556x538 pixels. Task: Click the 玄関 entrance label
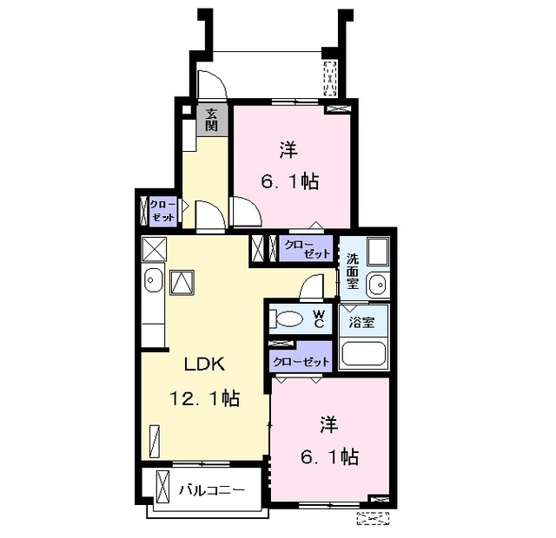[x=211, y=120]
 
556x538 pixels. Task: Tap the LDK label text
[x=205, y=364]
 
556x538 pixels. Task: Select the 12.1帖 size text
[x=205, y=398]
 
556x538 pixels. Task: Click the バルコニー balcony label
[x=212, y=490]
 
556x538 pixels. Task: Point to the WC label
[x=319, y=318]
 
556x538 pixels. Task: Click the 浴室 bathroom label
[x=361, y=322]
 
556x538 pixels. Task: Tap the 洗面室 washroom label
[x=353, y=272]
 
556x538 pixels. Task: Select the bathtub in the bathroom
[x=364, y=353]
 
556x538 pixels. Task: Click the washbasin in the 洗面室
[x=378, y=284]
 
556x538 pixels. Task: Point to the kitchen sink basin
[x=154, y=280]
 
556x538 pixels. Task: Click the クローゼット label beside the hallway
[x=162, y=211]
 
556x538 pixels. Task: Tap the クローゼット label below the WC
[x=301, y=362]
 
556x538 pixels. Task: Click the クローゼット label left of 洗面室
[x=307, y=249]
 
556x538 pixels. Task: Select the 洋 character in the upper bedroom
[x=288, y=149]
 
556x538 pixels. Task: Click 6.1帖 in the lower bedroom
[x=329, y=456]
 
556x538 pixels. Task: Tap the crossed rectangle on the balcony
[x=163, y=486]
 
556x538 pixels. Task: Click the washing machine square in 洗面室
[x=378, y=252]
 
